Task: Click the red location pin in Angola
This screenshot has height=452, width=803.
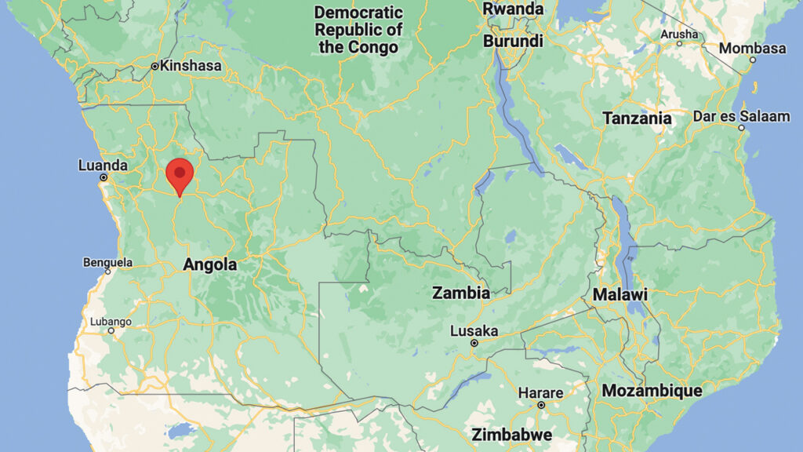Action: pyautogui.click(x=180, y=173)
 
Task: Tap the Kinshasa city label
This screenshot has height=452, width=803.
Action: pyautogui.click(x=191, y=66)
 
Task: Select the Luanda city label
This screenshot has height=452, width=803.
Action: pyautogui.click(x=103, y=166)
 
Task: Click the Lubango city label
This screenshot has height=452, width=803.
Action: pyautogui.click(x=111, y=321)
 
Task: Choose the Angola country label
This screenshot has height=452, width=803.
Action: pyautogui.click(x=209, y=265)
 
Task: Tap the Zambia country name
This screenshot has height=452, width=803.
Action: pyautogui.click(x=461, y=293)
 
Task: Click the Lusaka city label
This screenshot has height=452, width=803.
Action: pyautogui.click(x=474, y=331)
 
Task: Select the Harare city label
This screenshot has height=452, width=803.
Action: pyautogui.click(x=541, y=393)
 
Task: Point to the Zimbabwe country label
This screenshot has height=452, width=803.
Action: pyautogui.click(x=511, y=435)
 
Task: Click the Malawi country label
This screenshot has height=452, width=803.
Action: pyautogui.click(x=620, y=295)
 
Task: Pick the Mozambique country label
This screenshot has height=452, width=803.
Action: pyautogui.click(x=652, y=390)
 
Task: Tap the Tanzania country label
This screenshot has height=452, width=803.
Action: pyautogui.click(x=637, y=118)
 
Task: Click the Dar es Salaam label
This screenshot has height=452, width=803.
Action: pyautogui.click(x=741, y=117)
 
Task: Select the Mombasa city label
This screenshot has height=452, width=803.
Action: pyautogui.click(x=752, y=49)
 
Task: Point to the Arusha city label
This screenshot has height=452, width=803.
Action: pyautogui.click(x=679, y=34)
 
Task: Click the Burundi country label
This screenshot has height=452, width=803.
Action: pyautogui.click(x=513, y=40)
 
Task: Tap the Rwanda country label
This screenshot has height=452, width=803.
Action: pyautogui.click(x=513, y=9)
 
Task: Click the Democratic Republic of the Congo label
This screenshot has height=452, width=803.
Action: pyautogui.click(x=358, y=29)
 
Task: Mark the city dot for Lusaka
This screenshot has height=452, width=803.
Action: pyautogui.click(x=474, y=343)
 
